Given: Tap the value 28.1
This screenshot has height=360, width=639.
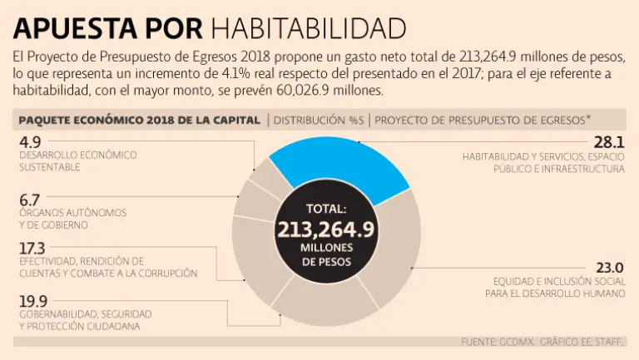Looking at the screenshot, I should point(608,142).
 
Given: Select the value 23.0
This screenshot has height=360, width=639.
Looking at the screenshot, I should point(608,268).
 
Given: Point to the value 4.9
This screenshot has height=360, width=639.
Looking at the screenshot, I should point(29,142).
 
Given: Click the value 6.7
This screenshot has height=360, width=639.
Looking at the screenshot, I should point(29,200).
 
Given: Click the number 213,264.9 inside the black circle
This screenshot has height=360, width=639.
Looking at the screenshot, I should point(326,229).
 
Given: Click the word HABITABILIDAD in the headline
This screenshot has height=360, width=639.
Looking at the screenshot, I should point(308,28).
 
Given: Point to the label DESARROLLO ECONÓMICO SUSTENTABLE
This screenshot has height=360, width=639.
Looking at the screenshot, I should point(77,161).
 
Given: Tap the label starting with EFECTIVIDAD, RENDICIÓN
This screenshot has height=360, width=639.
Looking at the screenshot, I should point(107,267).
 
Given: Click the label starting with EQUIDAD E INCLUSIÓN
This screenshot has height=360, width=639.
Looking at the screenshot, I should point(558,287).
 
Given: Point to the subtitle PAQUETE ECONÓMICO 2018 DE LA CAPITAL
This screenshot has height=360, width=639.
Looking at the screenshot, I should point(139,120).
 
